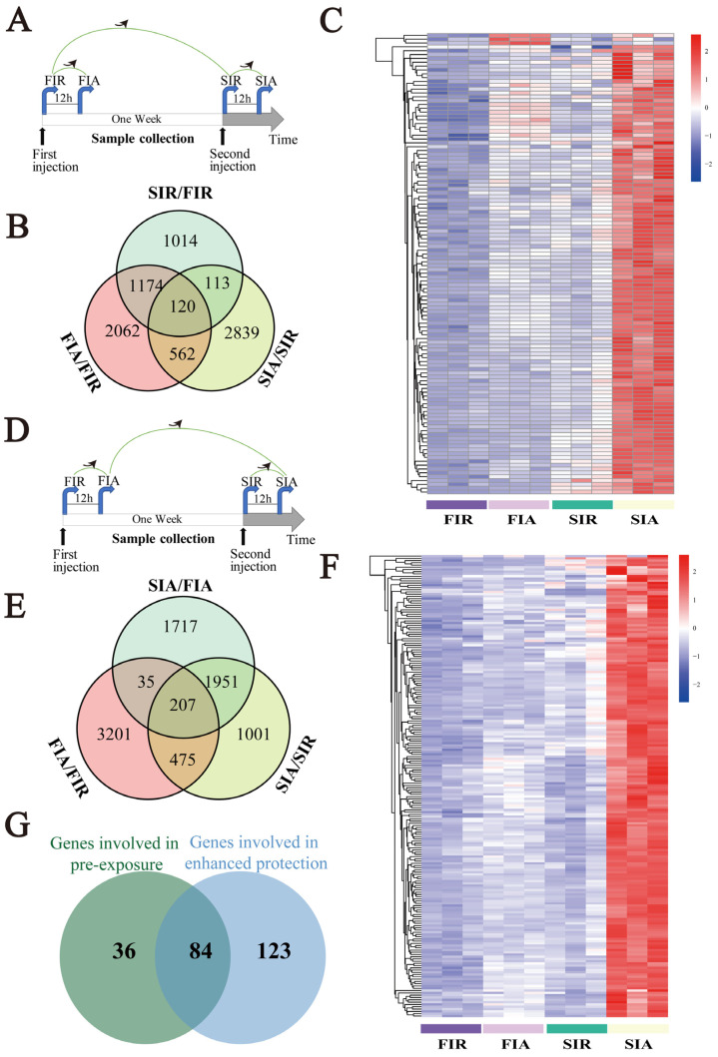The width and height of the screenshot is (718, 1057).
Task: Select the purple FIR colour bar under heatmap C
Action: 456,505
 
